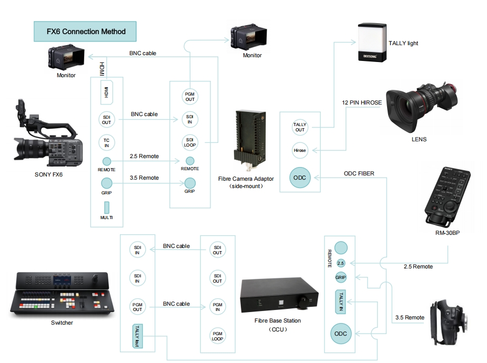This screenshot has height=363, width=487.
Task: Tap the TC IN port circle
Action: [x=107, y=142]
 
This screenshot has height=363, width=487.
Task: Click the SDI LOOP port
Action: [x=189, y=142]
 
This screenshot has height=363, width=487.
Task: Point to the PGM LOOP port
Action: [x=217, y=336]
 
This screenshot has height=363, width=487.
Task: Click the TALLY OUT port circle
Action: [x=300, y=127]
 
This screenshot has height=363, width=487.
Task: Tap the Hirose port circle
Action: [x=300, y=150]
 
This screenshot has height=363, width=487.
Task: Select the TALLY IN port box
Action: [x=341, y=302]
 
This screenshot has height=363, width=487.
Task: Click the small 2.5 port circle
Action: [x=340, y=263]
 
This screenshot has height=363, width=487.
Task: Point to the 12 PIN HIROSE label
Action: [x=362, y=102]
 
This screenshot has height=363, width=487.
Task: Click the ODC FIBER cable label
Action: [x=359, y=173]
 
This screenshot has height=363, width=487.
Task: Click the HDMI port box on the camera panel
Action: [x=107, y=93]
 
